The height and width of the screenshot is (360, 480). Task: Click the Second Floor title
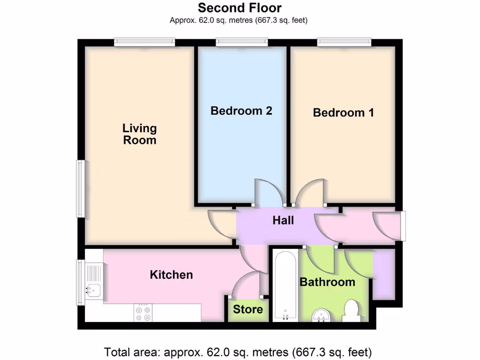tap(240, 8)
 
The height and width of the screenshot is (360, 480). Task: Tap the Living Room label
tap(140, 134)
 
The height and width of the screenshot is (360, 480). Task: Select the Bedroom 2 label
tap(241, 111)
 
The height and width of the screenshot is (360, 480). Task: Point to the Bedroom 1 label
tap(344, 112)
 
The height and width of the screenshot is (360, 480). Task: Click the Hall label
tap(284, 220)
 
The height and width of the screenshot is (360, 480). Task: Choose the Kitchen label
tap(171, 275)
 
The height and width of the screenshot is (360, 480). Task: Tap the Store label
tap(248, 309)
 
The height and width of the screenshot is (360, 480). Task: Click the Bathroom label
tap(327, 282)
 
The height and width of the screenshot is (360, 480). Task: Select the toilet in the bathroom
tap(351, 311)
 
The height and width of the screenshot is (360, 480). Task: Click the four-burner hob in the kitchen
tap(143, 313)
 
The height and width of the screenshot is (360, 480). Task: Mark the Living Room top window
tap(145, 43)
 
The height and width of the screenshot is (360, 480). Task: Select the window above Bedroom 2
tap(242, 43)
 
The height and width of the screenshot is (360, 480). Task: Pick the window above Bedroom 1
tap(345, 43)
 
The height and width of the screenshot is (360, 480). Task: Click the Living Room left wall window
tap(81, 188)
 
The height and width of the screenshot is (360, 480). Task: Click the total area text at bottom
tap(238, 352)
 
